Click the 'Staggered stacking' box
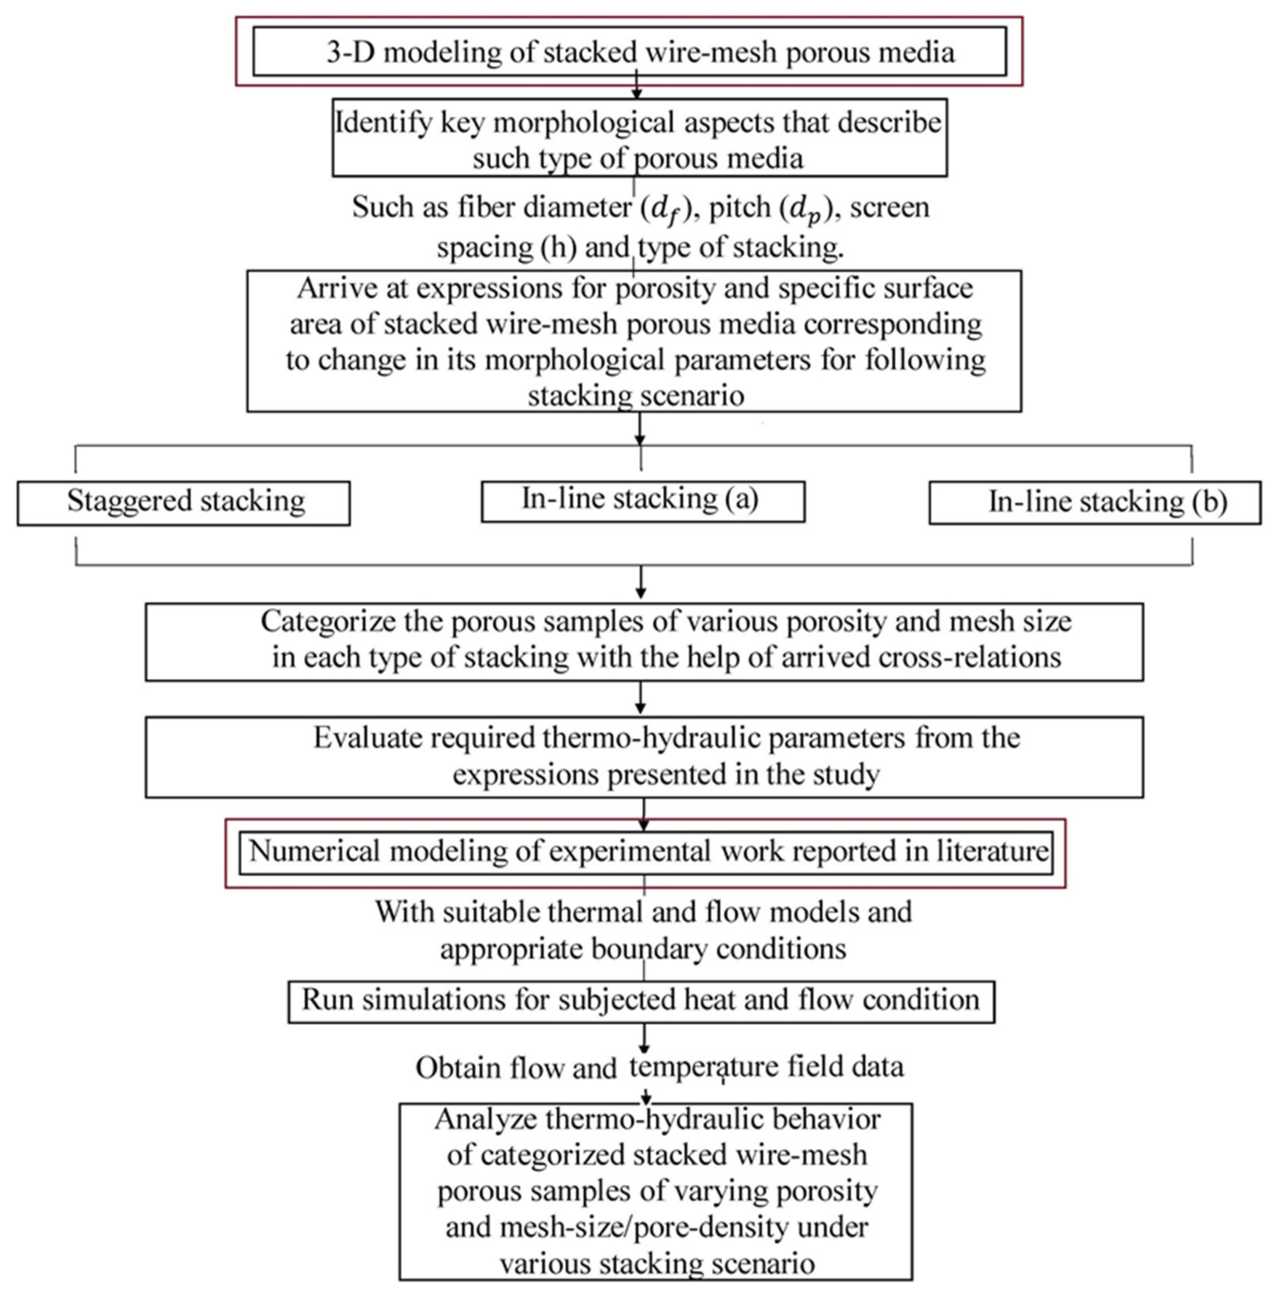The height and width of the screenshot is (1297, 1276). pyautogui.click(x=184, y=503)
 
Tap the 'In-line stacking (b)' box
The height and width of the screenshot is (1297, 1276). pyautogui.click(x=1095, y=503)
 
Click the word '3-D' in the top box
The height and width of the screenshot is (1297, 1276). pyautogui.click(x=351, y=52)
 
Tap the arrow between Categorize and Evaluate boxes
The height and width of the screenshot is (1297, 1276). pyautogui.click(x=641, y=698)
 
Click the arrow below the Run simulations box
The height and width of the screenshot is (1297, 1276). pyautogui.click(x=644, y=1038)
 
